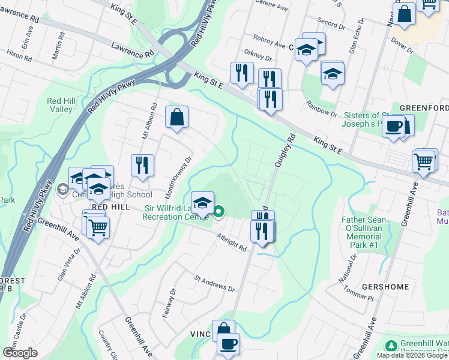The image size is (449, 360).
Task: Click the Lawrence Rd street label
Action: [133, 50]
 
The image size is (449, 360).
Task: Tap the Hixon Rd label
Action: [19, 56]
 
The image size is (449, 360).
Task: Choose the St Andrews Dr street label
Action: [214, 283]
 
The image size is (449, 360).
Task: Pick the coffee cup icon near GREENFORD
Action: [394, 127]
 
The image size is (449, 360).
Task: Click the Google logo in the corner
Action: [20, 353]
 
